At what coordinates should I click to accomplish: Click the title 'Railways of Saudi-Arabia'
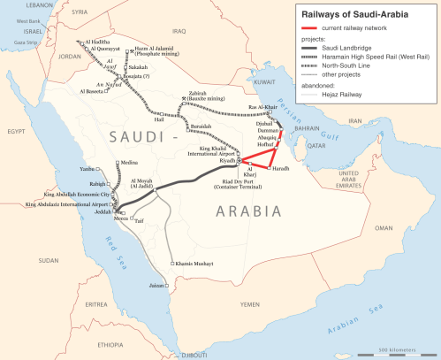coord(360,14)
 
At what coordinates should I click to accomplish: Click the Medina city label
coord(129,164)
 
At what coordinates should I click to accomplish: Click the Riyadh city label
coord(228,161)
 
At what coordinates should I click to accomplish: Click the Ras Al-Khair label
coord(264,108)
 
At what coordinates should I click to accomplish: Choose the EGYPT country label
coord(15,131)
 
